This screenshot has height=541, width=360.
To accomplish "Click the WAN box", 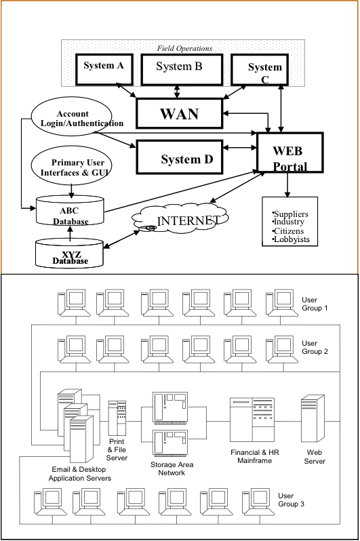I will (x=179, y=113).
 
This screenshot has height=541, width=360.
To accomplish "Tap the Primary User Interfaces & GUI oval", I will (x=71, y=167).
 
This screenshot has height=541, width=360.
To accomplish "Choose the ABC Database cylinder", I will (x=70, y=211).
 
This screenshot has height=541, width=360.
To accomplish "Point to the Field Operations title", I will (x=184, y=48).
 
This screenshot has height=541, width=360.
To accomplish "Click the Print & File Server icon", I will (x=117, y=419).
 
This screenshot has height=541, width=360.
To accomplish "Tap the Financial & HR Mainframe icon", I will (x=252, y=420).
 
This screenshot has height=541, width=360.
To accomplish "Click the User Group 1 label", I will (x=315, y=304).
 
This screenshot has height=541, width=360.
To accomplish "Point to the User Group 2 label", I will (x=315, y=347).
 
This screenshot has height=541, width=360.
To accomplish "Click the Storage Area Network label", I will (x=172, y=468).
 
